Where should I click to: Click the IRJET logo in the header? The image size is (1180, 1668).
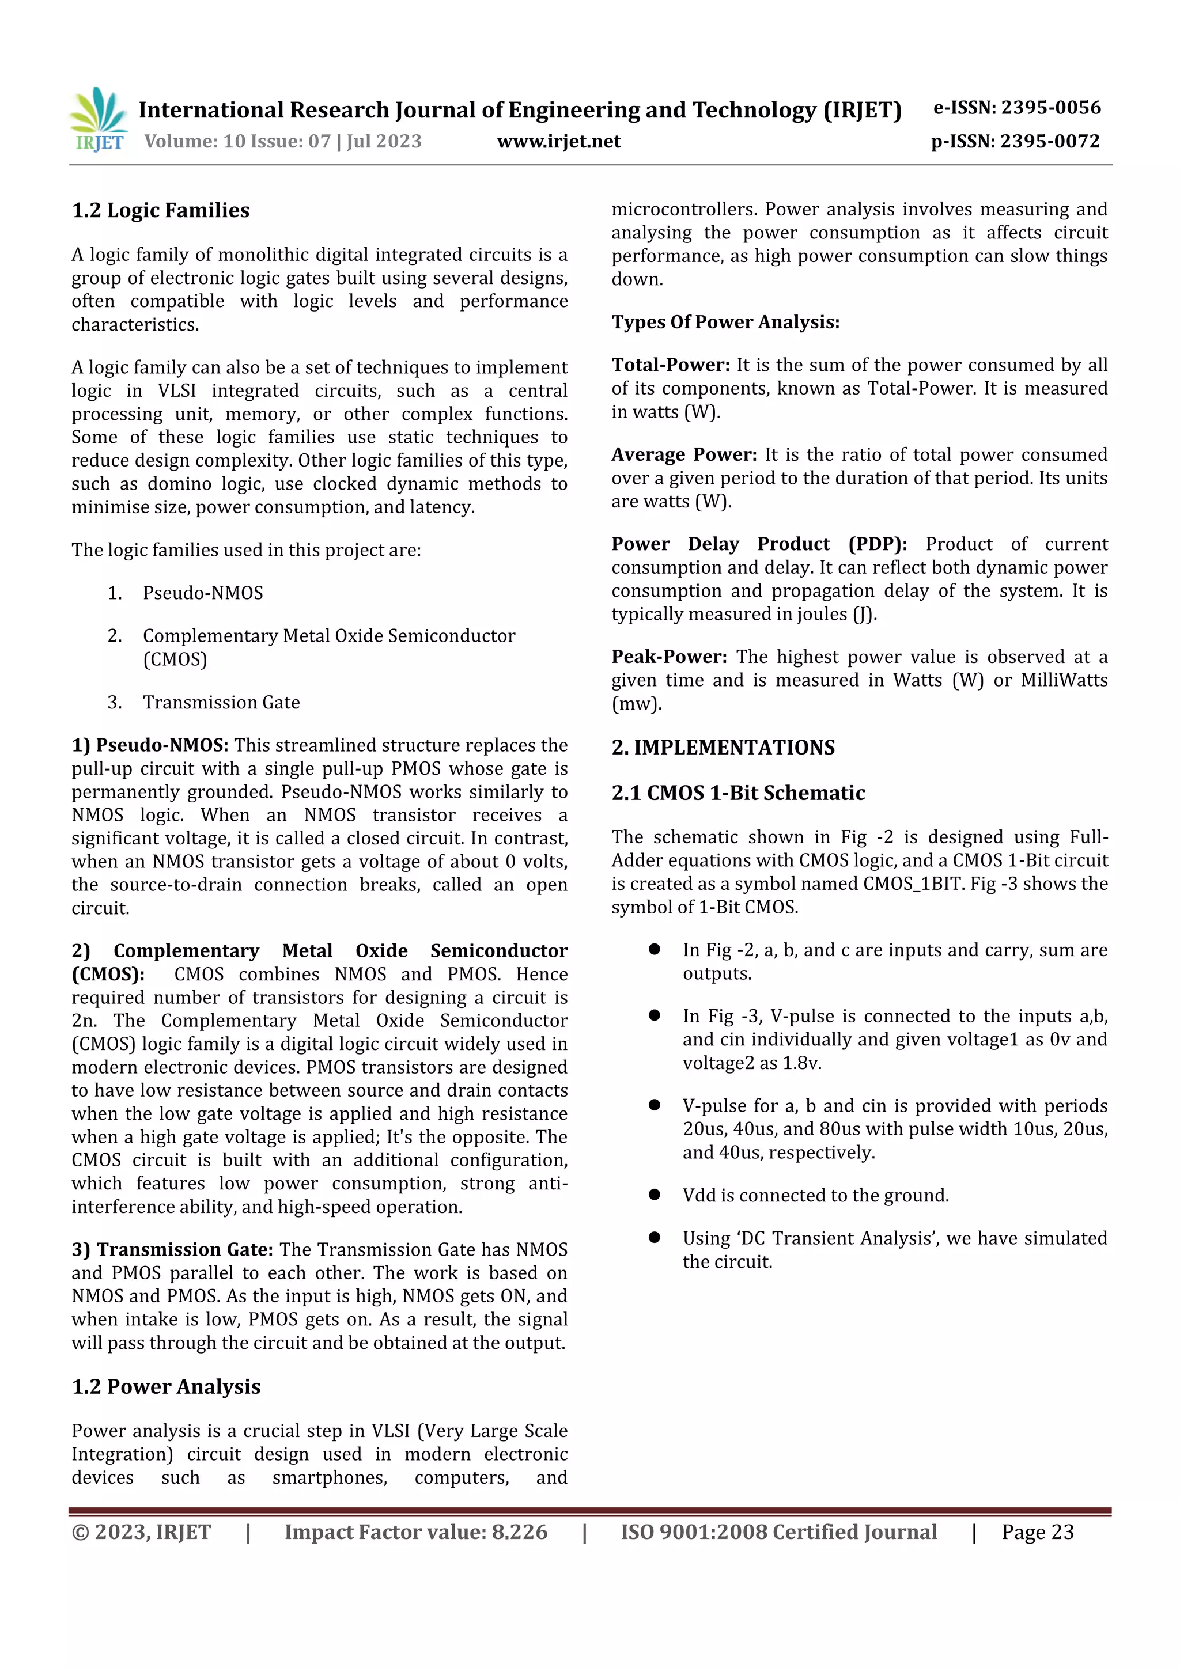pos(98,119)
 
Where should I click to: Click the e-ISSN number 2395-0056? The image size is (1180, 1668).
pos(1051,108)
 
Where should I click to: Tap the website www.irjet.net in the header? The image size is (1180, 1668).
pos(559,141)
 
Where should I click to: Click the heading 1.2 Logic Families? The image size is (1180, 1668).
pos(161,211)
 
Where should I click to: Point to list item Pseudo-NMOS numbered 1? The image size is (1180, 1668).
pos(203,593)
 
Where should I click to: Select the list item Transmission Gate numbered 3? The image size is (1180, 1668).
pos(221,703)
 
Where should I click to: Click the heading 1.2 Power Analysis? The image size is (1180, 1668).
pos(166,1387)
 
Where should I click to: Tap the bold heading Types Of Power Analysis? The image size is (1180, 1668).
pos(725,322)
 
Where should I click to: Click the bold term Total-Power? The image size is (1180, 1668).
pos(670,365)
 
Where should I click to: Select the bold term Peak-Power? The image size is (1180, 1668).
pos(668,657)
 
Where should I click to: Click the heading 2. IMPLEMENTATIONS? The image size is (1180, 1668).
pos(723,748)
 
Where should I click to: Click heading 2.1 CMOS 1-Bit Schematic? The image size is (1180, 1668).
pos(738,793)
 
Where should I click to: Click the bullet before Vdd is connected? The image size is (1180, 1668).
pos(655,1195)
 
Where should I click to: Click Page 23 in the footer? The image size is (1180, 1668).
pos(1037,1532)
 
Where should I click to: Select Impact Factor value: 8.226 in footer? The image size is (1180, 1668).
pos(415,1532)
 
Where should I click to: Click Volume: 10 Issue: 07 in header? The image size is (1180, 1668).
pos(237,141)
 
